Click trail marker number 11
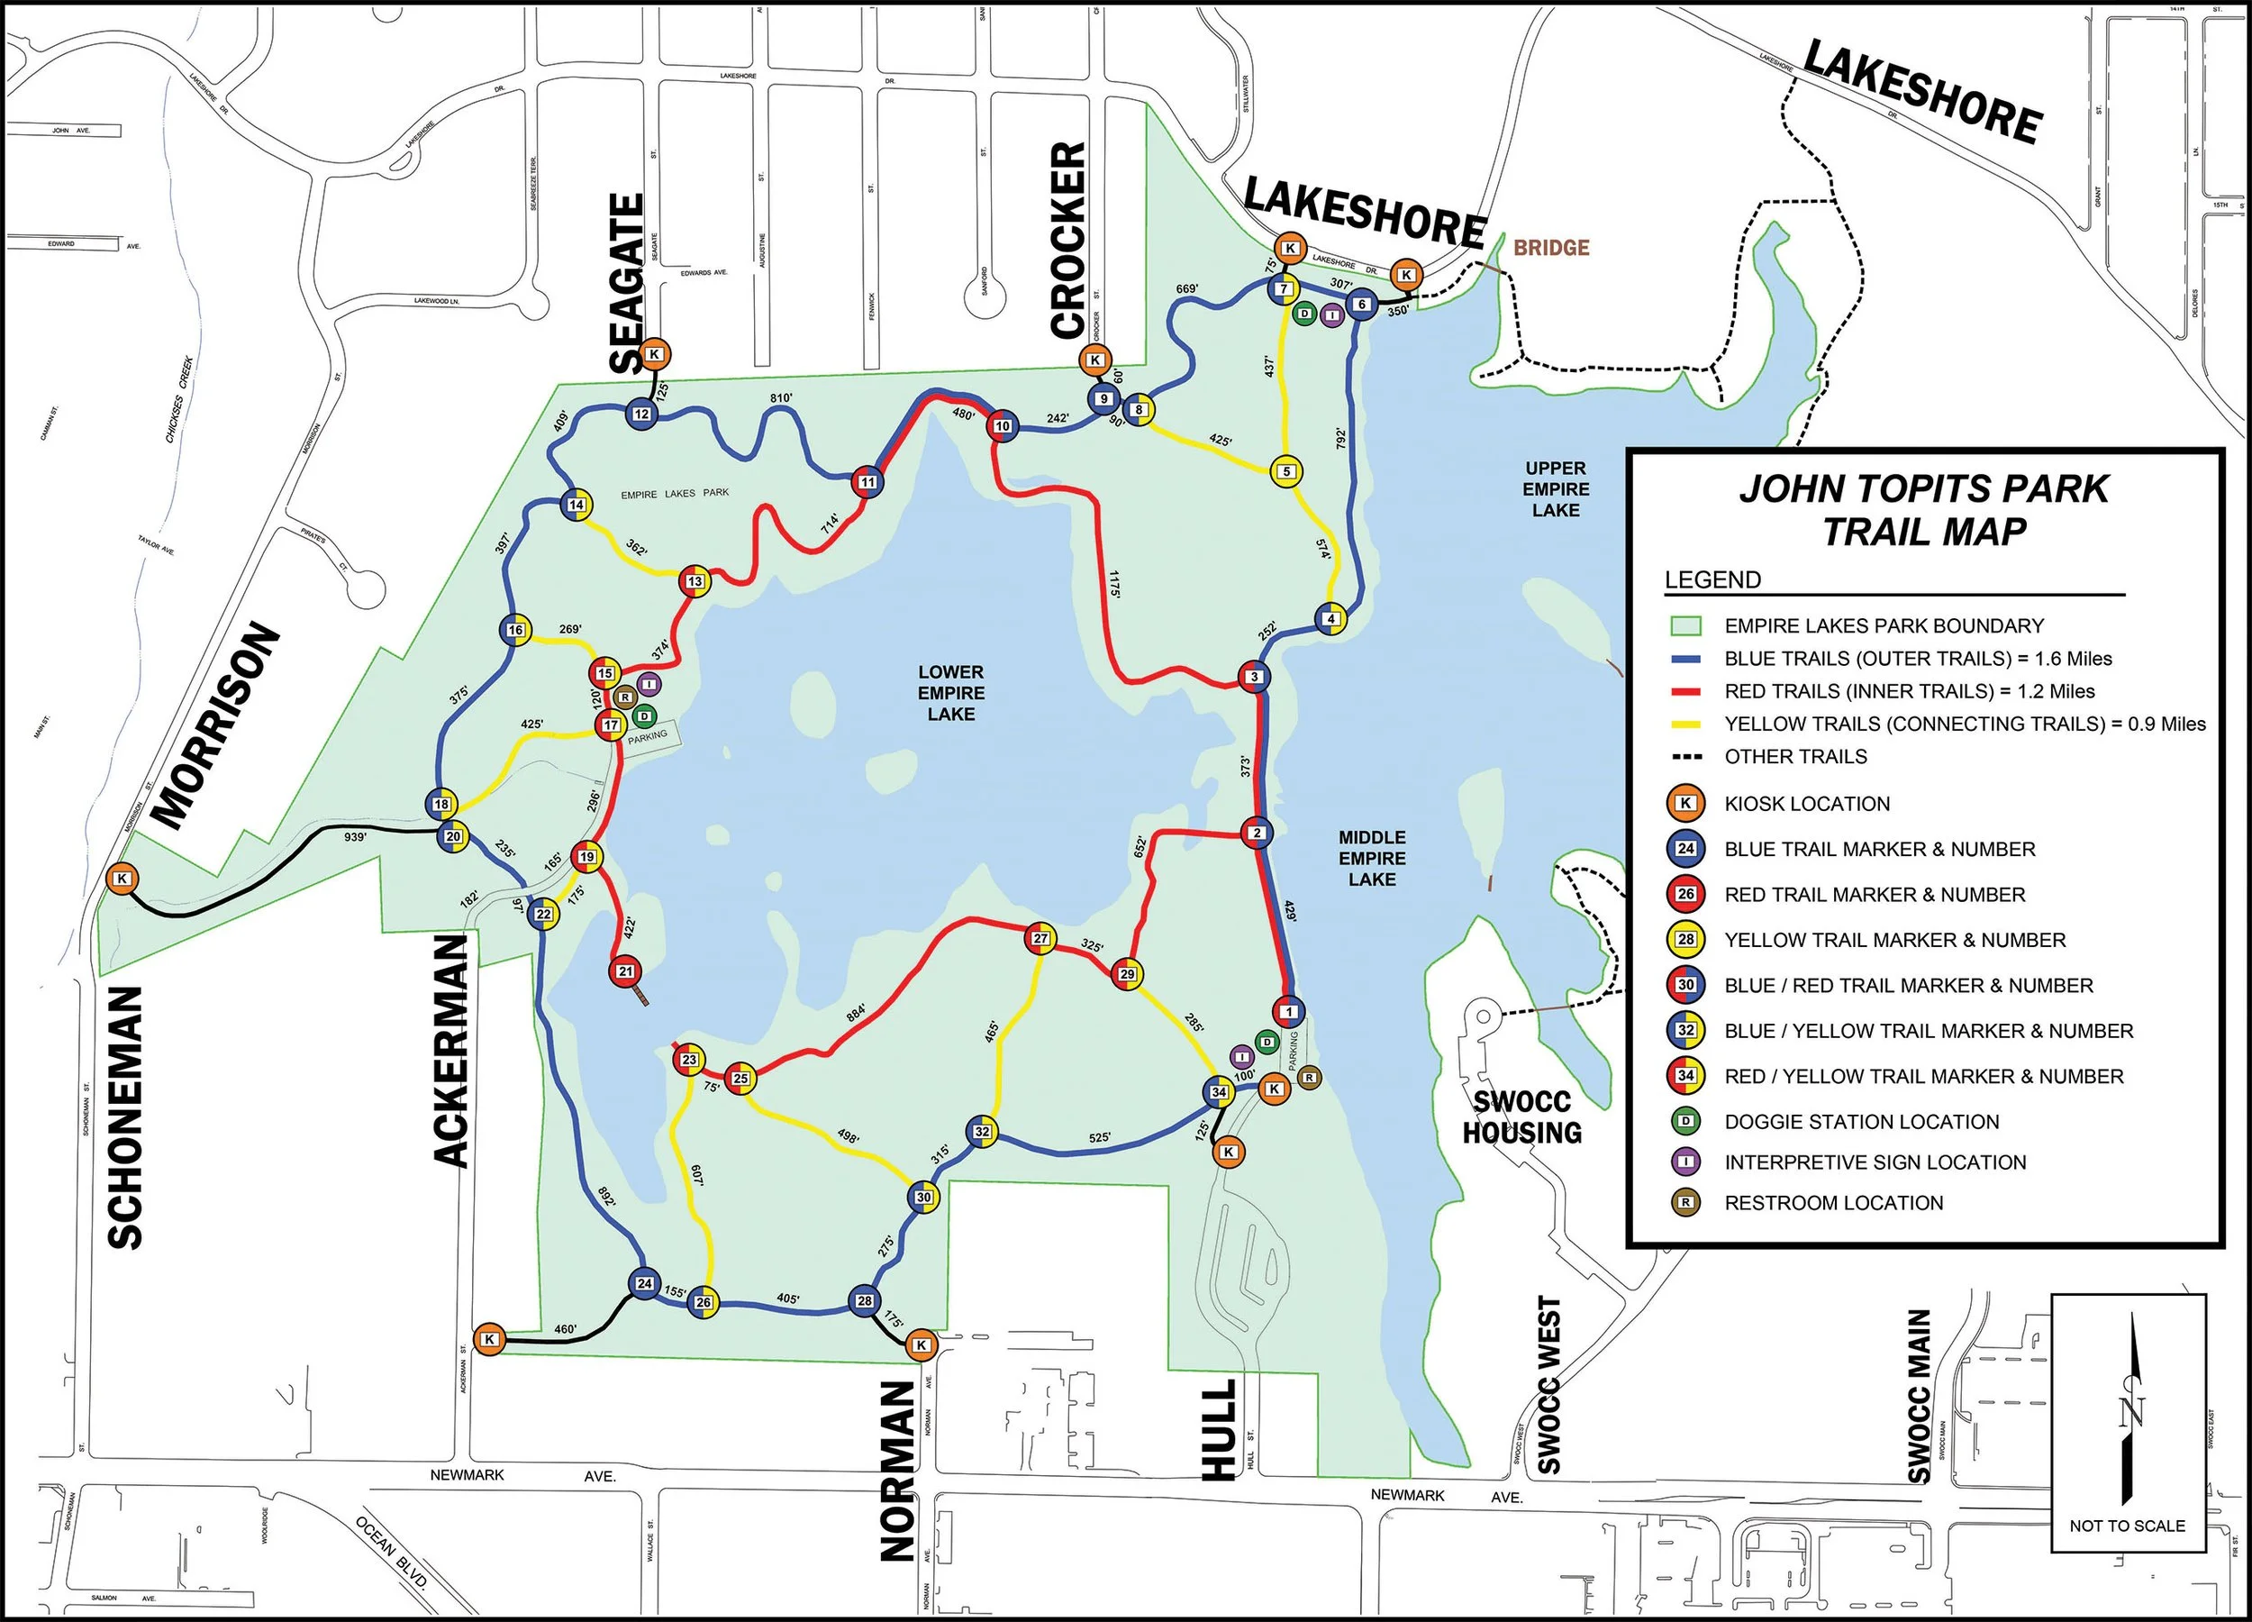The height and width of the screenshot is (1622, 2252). click(867, 483)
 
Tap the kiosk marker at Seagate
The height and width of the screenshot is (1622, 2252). click(654, 353)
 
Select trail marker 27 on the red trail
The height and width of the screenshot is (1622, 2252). click(1040, 939)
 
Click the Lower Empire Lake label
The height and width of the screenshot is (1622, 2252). click(950, 693)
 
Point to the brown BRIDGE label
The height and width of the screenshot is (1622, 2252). click(1551, 247)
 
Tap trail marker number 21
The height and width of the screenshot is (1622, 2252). click(625, 971)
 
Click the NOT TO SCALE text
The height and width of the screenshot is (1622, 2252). click(2127, 1526)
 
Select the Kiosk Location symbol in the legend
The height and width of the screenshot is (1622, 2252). click(1685, 804)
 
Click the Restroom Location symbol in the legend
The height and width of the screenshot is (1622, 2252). click(1685, 1203)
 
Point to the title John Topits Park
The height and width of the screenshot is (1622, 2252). click(1923, 488)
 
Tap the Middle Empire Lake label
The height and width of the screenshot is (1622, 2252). click(1371, 858)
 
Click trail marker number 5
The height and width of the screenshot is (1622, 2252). click(1287, 472)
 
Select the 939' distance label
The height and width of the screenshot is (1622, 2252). click(356, 837)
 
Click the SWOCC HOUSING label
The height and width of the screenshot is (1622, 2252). click(1521, 1117)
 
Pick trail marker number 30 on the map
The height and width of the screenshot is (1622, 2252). click(923, 1198)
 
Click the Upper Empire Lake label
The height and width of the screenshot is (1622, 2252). click(1555, 488)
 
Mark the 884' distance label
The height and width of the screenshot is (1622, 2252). click(856, 1011)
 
